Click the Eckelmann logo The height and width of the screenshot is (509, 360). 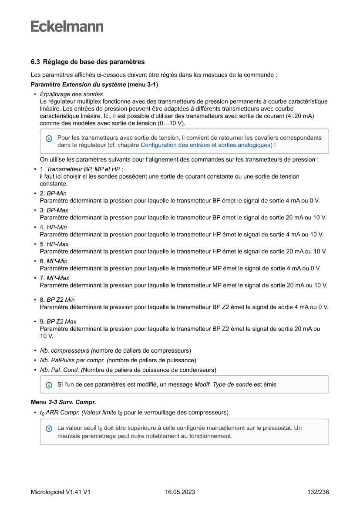point(67,27)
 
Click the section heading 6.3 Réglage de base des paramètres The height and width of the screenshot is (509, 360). point(87,62)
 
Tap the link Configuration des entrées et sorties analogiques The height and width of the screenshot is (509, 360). point(206,145)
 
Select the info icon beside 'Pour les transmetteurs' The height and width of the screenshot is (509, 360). point(49,138)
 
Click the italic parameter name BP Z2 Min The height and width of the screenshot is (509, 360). point(61,300)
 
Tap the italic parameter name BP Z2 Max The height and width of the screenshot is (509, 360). point(61,322)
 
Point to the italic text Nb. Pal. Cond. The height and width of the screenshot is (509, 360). point(59,370)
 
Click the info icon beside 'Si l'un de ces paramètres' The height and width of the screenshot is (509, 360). point(49,385)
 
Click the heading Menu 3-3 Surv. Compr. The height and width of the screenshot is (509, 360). point(63,402)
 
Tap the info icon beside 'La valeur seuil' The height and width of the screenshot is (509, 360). point(49,428)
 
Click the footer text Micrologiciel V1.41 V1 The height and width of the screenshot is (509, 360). point(61,492)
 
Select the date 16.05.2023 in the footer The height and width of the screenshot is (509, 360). point(180,492)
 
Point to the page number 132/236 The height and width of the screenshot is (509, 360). point(318,492)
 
